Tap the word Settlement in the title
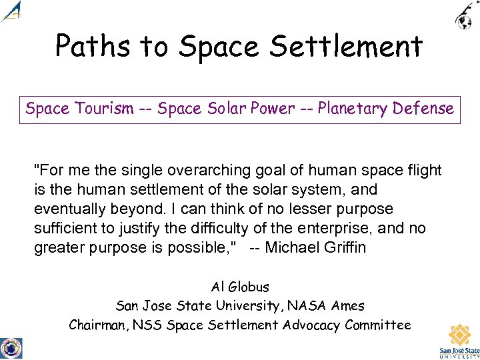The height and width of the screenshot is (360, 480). click(357, 47)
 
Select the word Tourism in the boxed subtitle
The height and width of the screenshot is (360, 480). click(109, 109)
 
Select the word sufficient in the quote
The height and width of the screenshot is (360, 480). click(66, 229)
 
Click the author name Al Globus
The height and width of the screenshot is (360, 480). click(240, 287)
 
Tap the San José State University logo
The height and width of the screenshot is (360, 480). click(459, 340)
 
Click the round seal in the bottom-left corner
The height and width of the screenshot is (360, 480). click(11, 348)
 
